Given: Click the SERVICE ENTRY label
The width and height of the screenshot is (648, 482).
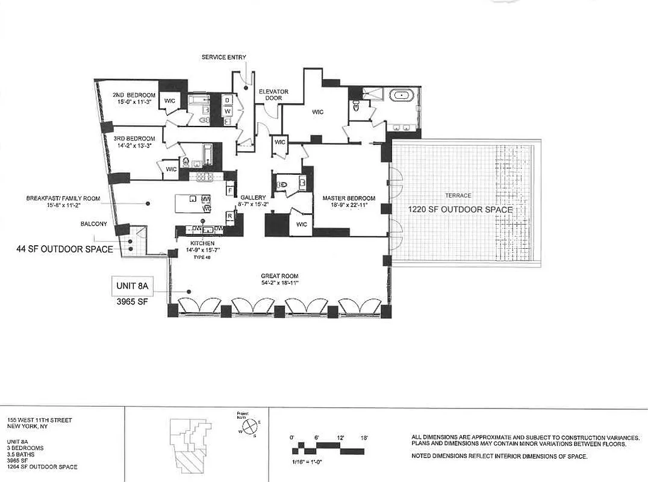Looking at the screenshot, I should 224,57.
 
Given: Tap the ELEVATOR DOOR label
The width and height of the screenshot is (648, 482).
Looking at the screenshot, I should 273,95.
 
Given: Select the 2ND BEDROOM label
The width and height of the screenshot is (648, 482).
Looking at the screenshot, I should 134,95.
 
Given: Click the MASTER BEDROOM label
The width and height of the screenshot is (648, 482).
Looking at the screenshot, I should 349,198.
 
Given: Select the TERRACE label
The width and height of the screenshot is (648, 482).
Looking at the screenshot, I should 458,196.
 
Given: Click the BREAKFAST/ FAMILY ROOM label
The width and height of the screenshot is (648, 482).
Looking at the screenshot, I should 63,198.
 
